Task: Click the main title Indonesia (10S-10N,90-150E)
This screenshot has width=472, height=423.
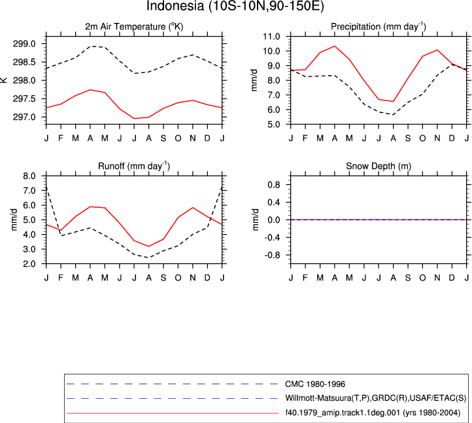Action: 235,6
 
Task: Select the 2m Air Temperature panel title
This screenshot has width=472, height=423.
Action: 134,27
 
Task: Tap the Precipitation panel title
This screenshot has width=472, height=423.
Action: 379,27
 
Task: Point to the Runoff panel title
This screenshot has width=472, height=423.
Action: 134,166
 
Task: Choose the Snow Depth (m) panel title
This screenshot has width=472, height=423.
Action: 379,166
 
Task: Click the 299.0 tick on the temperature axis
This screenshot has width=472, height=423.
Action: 24,44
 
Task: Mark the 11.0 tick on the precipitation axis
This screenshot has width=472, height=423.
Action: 271,37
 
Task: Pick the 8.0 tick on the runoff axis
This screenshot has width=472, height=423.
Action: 29,176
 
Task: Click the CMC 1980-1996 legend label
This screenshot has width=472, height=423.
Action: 315,384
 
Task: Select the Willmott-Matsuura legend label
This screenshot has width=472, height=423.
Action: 376,398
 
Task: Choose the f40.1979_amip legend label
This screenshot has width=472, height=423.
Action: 373,413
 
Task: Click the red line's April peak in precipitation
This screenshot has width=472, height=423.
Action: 335,46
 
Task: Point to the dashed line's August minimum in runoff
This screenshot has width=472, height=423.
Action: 148,258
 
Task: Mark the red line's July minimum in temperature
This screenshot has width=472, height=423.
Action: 134,118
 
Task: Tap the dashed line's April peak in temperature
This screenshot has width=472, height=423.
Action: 90,46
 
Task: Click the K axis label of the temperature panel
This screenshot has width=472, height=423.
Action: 4,80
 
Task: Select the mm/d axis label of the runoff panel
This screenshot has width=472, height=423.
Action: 14,220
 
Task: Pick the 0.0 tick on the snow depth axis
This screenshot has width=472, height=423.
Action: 274,220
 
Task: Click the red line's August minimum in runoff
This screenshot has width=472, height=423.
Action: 148,246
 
